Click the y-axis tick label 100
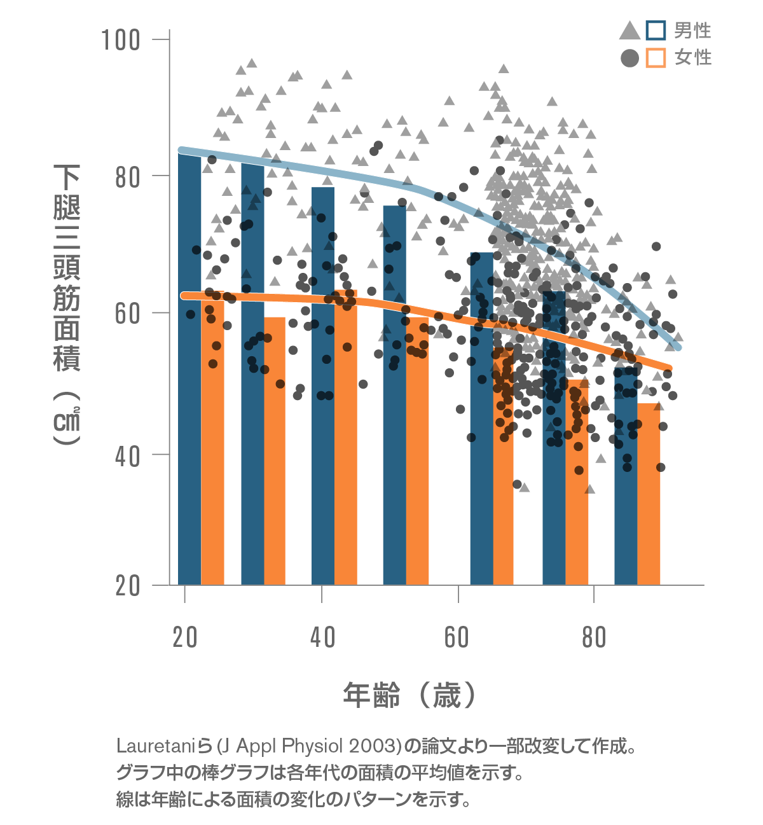(x=121, y=40)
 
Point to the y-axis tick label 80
(x=128, y=177)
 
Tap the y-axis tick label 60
(x=128, y=314)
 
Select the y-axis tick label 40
(x=128, y=455)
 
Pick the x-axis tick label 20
(x=185, y=637)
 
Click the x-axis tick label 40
(x=322, y=637)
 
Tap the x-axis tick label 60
(x=457, y=637)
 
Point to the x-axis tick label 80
(x=594, y=637)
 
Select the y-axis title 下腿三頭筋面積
(x=67, y=267)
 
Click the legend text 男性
(x=692, y=31)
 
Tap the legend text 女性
(x=692, y=58)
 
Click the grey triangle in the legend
(x=629, y=31)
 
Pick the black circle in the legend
(x=629, y=59)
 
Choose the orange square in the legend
(x=656, y=58)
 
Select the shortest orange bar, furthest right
(x=649, y=496)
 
